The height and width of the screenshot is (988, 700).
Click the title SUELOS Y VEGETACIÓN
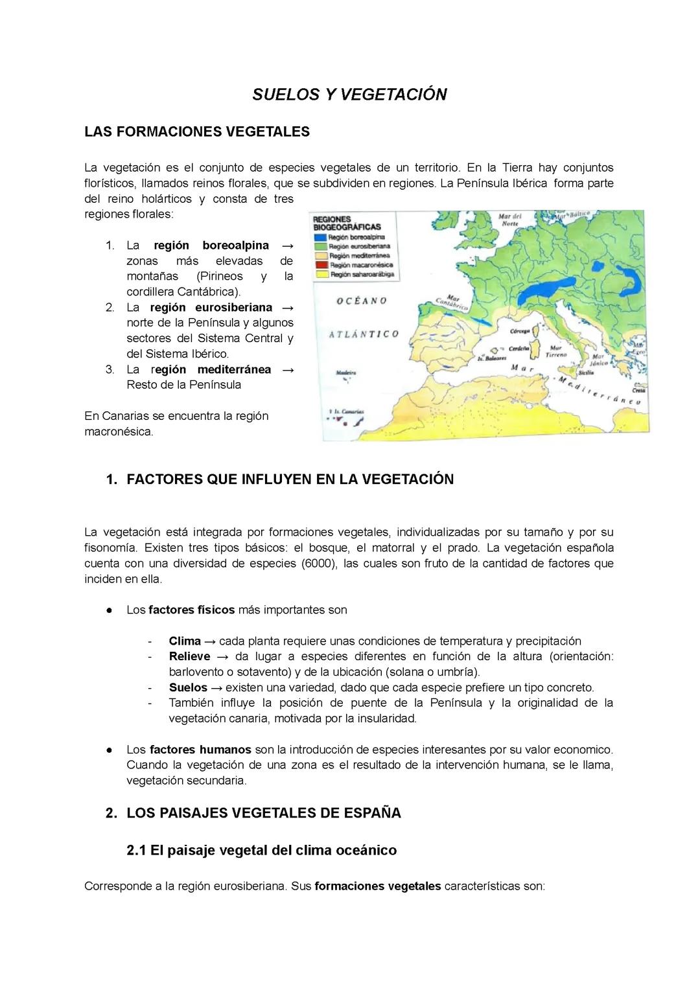(x=349, y=95)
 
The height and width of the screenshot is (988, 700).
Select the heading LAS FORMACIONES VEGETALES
(x=197, y=132)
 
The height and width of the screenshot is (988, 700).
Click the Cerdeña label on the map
(x=519, y=349)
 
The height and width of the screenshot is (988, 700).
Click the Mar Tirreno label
(x=555, y=351)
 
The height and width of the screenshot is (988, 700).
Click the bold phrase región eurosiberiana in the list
(x=211, y=308)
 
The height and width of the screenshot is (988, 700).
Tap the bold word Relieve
(x=189, y=656)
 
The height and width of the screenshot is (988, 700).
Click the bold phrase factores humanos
(x=200, y=750)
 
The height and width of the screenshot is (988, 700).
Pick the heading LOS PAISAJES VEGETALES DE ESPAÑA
(x=263, y=813)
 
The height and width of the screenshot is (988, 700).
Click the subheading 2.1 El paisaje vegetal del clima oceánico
(x=262, y=851)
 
